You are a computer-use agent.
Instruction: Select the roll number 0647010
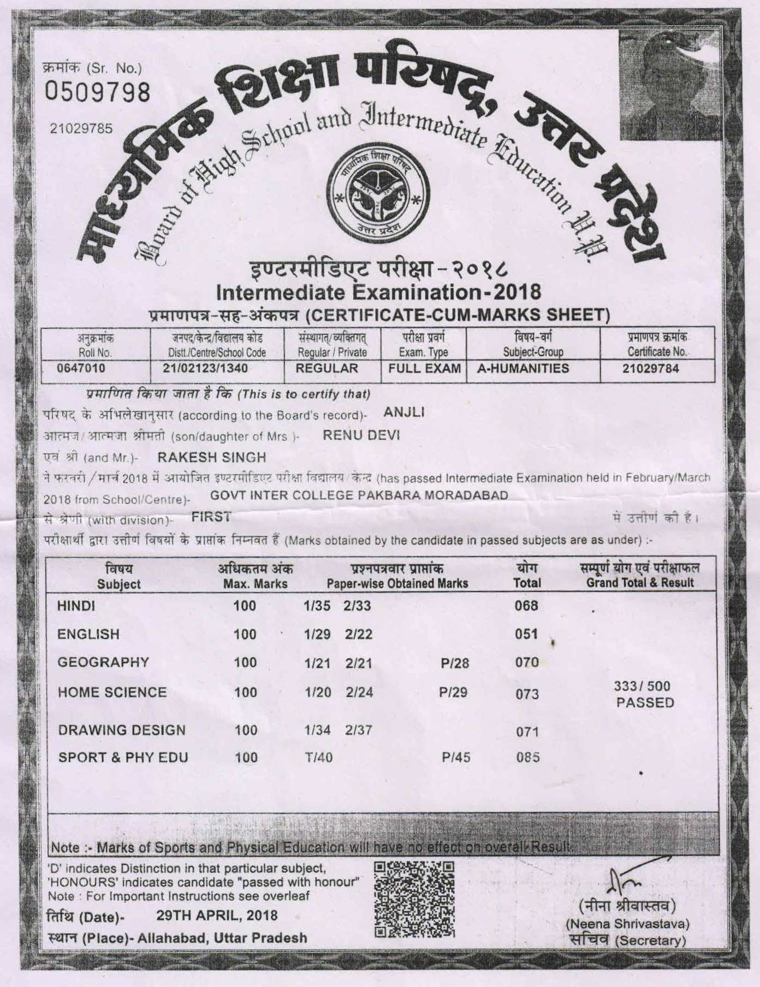coord(81,368)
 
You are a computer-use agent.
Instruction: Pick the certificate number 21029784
coord(651,369)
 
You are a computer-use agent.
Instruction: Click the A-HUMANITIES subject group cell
coord(523,369)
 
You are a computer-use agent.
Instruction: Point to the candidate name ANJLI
coord(405,413)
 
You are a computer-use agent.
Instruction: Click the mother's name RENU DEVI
coord(361,435)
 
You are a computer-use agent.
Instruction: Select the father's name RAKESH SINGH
coord(212,457)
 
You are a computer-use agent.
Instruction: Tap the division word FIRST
coord(211,516)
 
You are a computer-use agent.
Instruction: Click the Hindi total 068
coord(526,606)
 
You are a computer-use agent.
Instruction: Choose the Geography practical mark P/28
coord(455,664)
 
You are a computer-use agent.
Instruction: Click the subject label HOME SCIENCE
coord(112,692)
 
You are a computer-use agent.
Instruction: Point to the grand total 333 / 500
coord(642,687)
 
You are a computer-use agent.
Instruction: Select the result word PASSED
coord(645,703)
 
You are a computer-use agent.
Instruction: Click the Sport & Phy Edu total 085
coord(527,758)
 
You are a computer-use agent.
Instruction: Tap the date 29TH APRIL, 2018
coord(217,915)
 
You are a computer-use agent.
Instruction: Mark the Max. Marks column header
coord(256,577)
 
